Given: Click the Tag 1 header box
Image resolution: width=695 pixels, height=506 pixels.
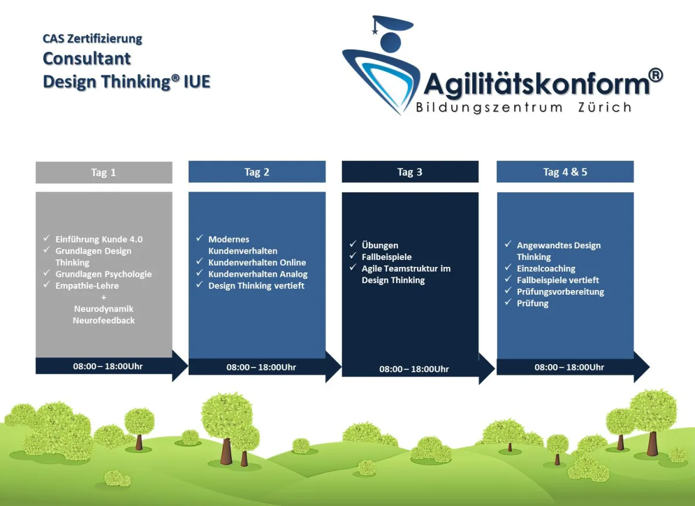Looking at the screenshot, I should [104, 173].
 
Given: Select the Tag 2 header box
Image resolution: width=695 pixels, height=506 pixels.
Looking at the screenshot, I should [257, 172].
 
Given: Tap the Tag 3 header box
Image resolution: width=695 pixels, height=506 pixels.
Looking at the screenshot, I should [409, 172].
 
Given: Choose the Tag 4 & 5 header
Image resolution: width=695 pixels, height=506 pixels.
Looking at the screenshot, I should [565, 172].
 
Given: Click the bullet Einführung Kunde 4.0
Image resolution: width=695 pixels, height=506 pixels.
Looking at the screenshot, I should [98, 239].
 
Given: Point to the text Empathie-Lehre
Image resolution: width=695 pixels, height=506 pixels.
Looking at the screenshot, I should [87, 285].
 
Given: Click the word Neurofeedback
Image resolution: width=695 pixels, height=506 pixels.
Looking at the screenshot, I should [104, 320].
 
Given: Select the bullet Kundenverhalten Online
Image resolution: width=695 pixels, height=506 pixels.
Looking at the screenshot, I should [257, 262].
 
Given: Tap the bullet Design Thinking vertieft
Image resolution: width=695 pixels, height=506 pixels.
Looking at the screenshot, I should [256, 285].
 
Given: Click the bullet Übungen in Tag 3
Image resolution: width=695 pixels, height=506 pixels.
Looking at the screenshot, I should [379, 245].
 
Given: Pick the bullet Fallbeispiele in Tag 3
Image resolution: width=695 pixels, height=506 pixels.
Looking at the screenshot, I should [386, 256].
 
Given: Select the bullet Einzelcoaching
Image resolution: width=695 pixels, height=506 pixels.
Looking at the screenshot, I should [546, 269].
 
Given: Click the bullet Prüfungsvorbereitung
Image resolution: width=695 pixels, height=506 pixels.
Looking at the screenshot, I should [560, 292].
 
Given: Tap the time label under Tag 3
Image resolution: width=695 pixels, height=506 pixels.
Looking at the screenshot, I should [414, 369].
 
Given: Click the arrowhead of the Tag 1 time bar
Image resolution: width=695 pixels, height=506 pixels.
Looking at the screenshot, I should [180, 366].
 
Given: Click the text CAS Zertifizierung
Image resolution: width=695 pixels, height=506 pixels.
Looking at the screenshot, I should [92, 39].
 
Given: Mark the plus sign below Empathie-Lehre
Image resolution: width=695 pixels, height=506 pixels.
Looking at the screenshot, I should [104, 297].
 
